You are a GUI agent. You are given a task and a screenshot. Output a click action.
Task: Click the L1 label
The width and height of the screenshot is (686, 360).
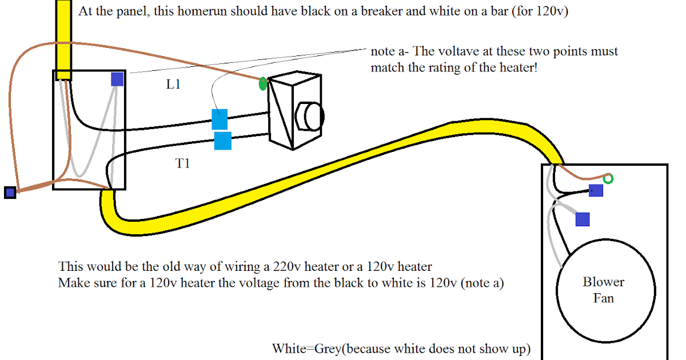click(173, 85)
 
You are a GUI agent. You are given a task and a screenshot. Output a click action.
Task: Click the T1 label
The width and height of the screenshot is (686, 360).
click(182, 164)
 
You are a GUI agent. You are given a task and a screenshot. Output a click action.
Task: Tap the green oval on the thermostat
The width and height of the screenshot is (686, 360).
click(262, 84)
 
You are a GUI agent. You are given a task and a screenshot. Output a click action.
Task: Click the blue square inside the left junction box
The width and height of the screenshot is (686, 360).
click(117, 79)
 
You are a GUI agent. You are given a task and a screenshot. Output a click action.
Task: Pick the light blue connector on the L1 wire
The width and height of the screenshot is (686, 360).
click(220, 119)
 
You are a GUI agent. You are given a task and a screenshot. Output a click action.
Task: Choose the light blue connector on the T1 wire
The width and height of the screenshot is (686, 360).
click(222, 141)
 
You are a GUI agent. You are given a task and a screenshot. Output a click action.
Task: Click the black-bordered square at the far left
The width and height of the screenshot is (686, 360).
click(10, 193)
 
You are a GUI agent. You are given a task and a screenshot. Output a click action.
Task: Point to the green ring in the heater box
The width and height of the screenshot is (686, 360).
click(609, 179)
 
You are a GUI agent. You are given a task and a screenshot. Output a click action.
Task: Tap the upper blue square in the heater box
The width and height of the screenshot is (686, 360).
click(596, 190)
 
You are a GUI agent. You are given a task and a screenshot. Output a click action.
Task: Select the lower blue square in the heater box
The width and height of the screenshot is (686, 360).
click(583, 219)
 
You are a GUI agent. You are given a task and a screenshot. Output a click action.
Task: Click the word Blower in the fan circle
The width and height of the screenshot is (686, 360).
click(603, 282)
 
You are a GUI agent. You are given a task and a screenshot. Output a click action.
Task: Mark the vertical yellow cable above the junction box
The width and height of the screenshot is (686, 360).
click(63, 34)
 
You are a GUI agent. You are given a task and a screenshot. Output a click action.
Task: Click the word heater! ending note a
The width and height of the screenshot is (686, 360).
click(519, 68)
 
